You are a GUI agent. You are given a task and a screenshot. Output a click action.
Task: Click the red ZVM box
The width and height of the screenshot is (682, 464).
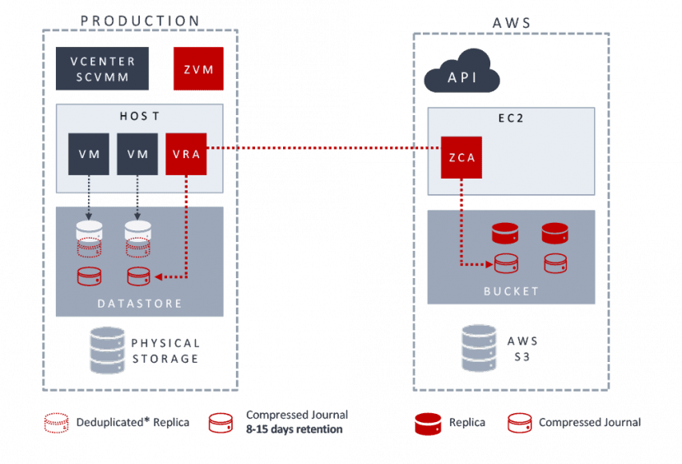point(197,69)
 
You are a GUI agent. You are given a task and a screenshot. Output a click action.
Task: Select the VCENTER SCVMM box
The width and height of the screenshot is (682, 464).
point(103,69)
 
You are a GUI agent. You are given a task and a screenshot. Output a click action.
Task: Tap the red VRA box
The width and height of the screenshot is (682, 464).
point(187,154)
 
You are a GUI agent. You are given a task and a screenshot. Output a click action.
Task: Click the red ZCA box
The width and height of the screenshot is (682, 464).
point(462,157)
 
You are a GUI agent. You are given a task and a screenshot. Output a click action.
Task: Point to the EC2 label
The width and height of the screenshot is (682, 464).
point(510,118)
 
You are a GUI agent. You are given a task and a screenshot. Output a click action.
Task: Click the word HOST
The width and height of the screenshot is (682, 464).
point(140,116)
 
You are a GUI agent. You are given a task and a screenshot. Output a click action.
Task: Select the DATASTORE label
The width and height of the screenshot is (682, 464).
point(140,304)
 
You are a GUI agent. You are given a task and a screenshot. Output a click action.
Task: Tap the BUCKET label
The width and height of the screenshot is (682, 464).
point(511,291)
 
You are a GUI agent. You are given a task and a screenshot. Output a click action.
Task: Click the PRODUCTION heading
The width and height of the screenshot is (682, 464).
point(140,21)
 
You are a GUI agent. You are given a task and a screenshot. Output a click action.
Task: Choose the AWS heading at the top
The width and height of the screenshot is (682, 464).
point(512,23)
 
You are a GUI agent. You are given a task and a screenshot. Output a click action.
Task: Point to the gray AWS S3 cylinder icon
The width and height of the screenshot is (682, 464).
point(480,348)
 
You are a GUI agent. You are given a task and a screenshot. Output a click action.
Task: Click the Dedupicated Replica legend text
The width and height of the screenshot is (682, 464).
point(132,423)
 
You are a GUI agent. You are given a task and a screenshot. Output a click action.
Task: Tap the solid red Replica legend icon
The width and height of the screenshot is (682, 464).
point(428,423)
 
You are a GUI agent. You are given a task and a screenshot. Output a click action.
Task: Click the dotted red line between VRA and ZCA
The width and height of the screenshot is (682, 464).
point(321,149)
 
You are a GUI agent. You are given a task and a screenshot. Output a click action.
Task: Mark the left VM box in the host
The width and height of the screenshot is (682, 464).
point(89,154)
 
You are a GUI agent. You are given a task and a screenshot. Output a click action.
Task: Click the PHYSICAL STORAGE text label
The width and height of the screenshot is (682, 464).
point(165,350)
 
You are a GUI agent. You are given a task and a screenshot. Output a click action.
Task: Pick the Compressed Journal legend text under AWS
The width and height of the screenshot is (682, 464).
point(589,423)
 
